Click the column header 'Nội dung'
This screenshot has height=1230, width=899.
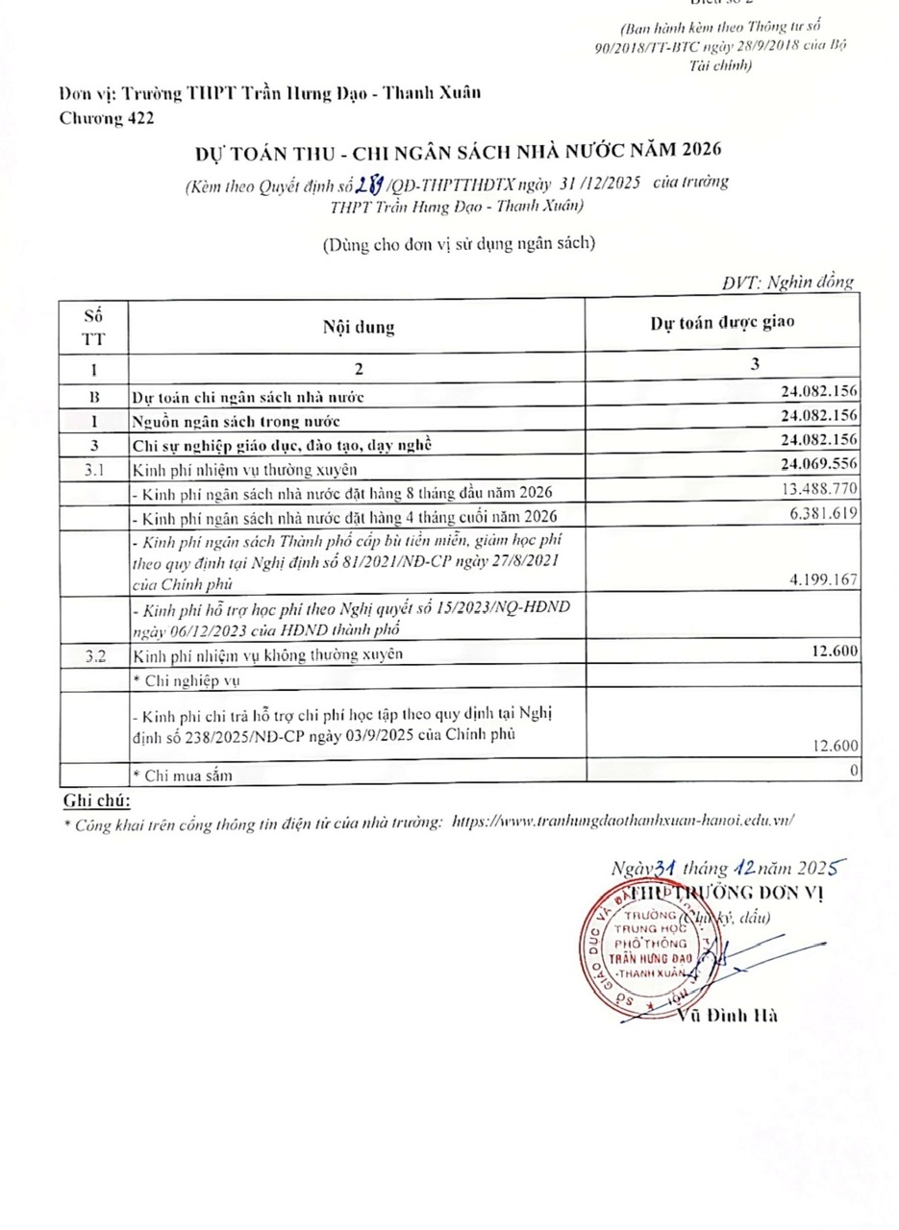pos(358,327)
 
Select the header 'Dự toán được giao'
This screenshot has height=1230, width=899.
pos(722,323)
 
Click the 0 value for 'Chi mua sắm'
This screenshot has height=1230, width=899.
pos(855,771)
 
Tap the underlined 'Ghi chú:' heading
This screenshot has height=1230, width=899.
pos(96,800)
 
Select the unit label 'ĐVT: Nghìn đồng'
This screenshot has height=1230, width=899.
pos(787,283)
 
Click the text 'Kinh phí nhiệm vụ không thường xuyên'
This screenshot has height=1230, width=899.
pos(267,654)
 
